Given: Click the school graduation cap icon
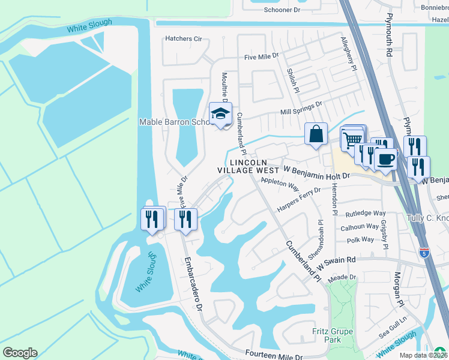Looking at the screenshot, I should pyautogui.click(x=220, y=113).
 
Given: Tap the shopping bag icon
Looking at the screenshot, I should pyautogui.click(x=316, y=134).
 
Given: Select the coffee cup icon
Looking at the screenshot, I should pyautogui.click(x=385, y=159).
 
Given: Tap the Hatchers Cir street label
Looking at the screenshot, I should pyautogui.click(x=184, y=39).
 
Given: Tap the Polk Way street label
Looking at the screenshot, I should pyautogui.click(x=360, y=239).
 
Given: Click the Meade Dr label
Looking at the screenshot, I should pyautogui.click(x=343, y=277).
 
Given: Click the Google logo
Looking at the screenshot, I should pyautogui.click(x=20, y=352).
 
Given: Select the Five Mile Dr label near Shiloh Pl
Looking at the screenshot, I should pyautogui.click(x=261, y=56).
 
